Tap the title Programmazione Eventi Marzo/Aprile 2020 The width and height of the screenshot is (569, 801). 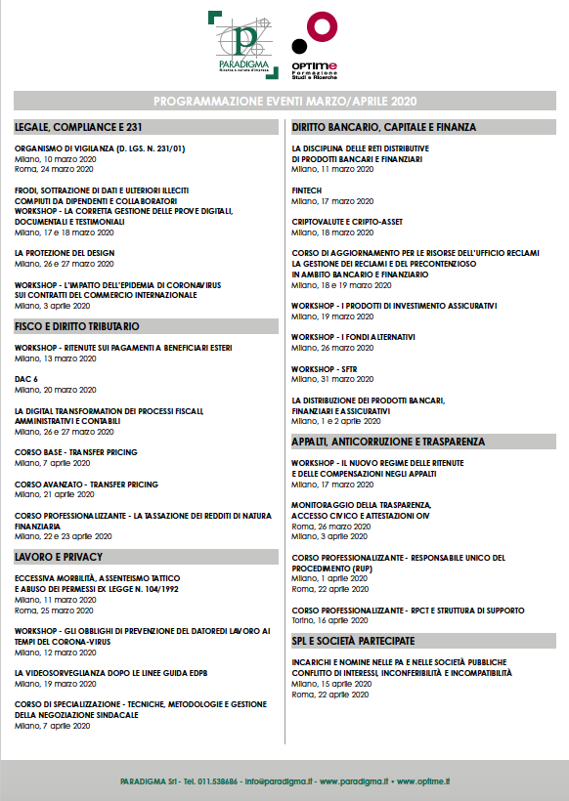point(284,102)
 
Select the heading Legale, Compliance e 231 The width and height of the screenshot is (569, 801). point(79,127)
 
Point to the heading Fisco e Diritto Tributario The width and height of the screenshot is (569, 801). point(77,325)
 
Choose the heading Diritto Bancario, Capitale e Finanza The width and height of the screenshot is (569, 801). point(383,127)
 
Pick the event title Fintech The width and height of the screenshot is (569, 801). point(307,190)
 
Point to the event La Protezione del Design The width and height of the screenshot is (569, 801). point(65,252)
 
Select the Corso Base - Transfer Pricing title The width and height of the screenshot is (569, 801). point(76,452)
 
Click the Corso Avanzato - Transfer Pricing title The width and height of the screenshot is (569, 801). point(86,484)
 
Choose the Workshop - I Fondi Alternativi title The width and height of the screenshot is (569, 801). point(353,337)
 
